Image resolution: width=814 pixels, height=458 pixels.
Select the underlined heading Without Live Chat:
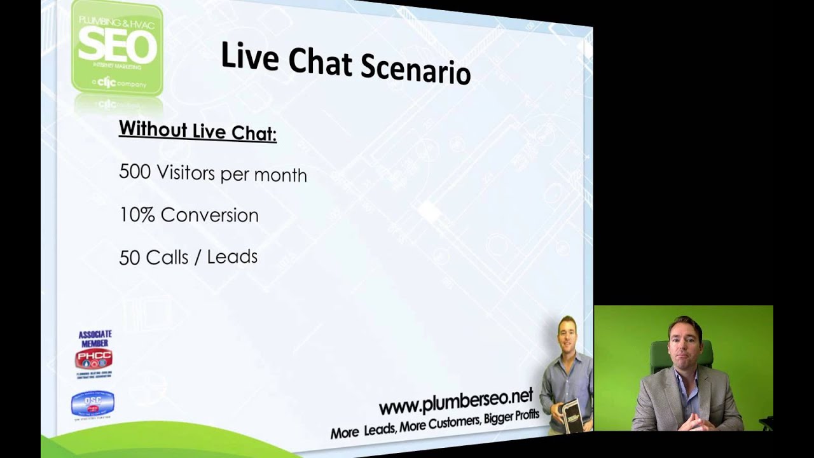197,131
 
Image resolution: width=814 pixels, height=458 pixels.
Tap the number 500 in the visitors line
135,172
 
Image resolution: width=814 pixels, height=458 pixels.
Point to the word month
280,176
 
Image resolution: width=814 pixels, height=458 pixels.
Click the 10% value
137,215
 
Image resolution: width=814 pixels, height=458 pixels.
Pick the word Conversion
209,216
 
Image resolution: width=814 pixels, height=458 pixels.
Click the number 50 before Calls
130,258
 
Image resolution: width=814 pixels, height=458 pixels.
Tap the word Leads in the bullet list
236,257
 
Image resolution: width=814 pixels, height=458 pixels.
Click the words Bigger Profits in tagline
511,419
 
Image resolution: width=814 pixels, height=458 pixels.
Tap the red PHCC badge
93,359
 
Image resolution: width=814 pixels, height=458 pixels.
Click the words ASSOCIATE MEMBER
95,338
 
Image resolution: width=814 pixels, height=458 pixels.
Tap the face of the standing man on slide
566,331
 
